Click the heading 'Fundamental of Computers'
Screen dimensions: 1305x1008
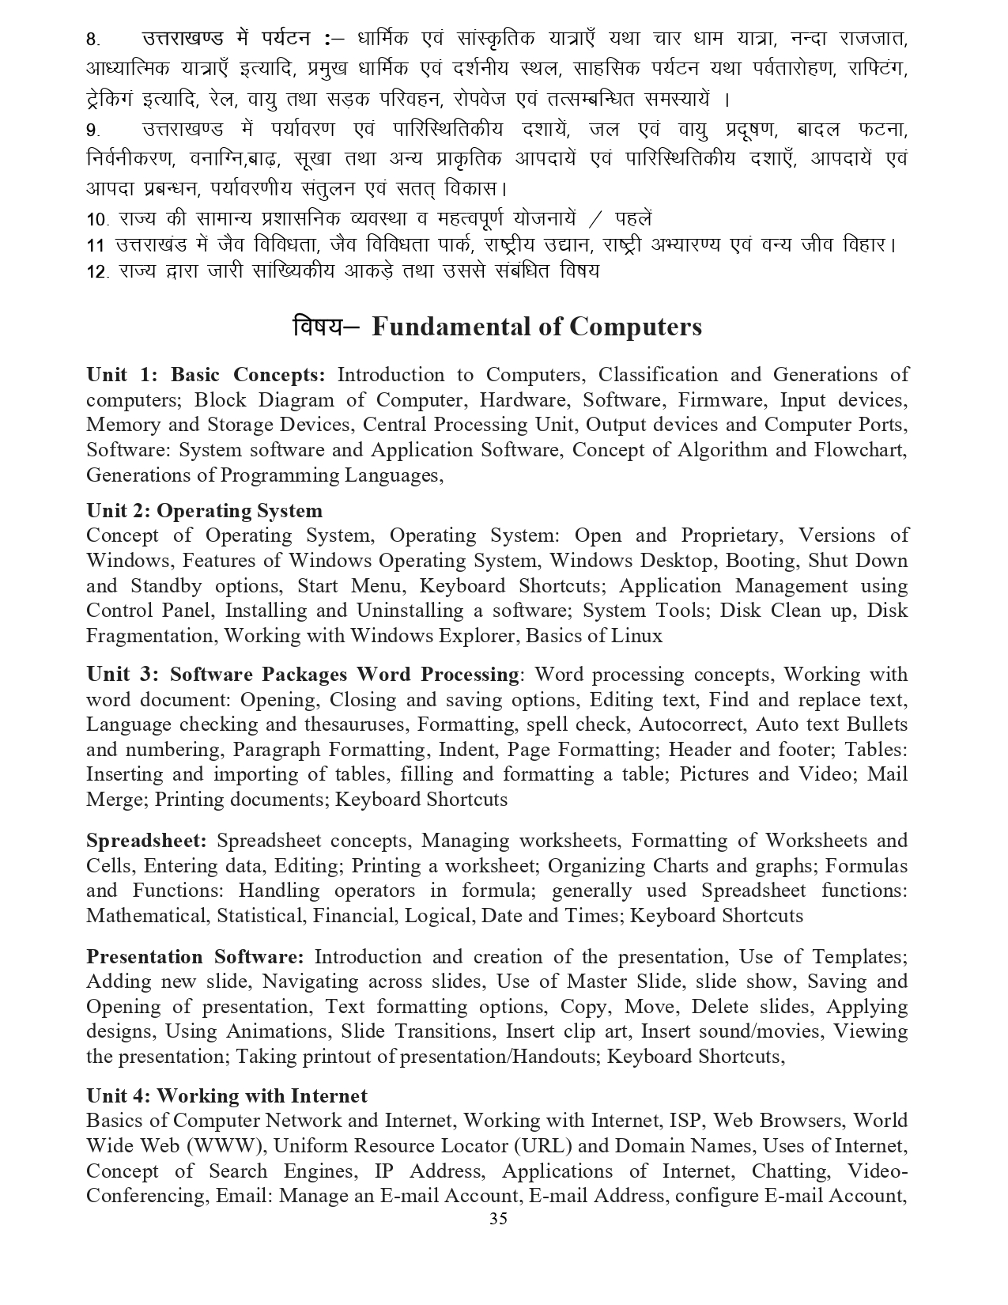(x=536, y=327)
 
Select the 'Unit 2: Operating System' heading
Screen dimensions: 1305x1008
(x=204, y=511)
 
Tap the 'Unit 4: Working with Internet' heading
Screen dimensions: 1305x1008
(x=227, y=1095)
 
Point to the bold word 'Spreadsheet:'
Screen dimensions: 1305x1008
(x=146, y=840)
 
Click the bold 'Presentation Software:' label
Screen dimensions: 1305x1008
(x=195, y=956)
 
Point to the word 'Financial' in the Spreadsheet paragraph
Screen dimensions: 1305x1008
(x=356, y=915)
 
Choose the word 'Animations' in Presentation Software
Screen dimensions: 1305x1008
(x=276, y=1031)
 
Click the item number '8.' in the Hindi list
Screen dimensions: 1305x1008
(x=93, y=40)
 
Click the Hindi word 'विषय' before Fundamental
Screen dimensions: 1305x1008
(x=317, y=327)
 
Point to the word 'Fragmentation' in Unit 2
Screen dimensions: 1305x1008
(x=150, y=635)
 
